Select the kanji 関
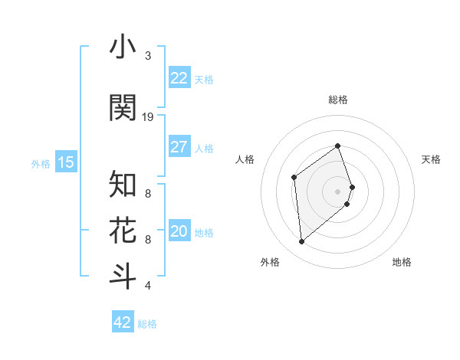tap(123, 107)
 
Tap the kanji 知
tap(123, 184)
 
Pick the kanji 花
tap(123, 230)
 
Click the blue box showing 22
tap(179, 78)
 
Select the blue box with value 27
tap(179, 147)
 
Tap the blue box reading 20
tap(179, 232)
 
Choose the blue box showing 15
tap(66, 162)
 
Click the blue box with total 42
tap(123, 322)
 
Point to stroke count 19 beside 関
tap(148, 117)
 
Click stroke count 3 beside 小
tap(148, 56)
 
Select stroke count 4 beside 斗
tap(148, 286)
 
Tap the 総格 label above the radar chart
tap(337, 100)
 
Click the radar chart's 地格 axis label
tap(402, 262)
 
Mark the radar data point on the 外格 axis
tap(301, 242)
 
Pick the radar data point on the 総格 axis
tap(337, 146)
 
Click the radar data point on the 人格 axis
tap(294, 178)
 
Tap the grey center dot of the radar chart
tap(337, 191)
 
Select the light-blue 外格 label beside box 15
tap(40, 163)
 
